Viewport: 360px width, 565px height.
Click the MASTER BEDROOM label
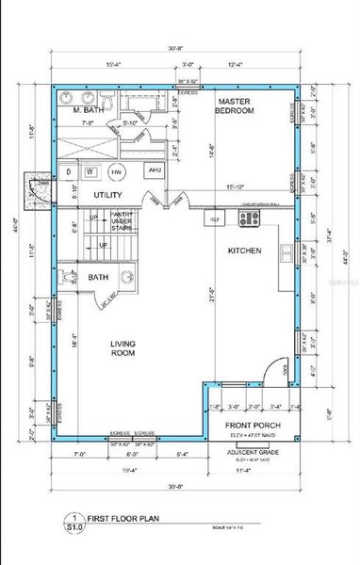[x=236, y=105]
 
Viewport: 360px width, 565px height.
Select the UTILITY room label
[x=108, y=194]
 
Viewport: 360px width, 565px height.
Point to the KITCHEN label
[x=245, y=251]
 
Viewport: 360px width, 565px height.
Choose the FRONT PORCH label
[x=249, y=426]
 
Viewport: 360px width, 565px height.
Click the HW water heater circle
[x=116, y=172]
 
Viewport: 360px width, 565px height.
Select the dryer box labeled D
[x=68, y=172]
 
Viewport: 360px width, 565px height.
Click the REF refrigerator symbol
[x=215, y=219]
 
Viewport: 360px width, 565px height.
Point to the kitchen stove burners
[x=249, y=218]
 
